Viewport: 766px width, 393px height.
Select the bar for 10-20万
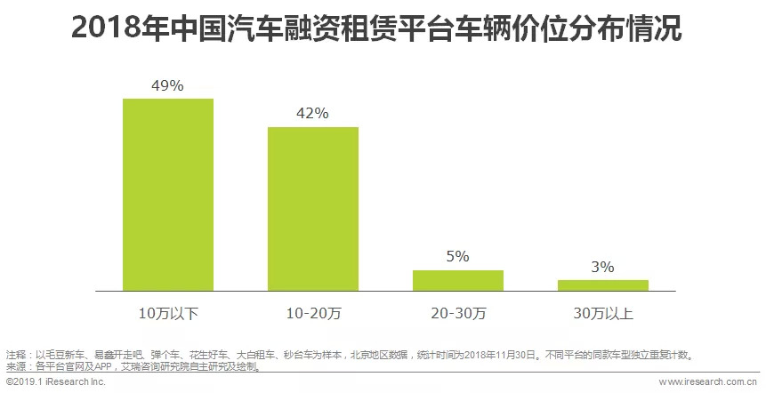click(x=313, y=208)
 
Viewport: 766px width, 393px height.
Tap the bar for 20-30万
click(x=458, y=280)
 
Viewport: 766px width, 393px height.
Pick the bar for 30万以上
click(x=602, y=285)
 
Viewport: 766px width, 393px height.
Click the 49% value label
click(x=168, y=85)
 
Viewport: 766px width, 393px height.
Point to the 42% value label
click(x=313, y=114)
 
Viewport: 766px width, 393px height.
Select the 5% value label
click(x=458, y=257)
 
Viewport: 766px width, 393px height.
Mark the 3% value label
click(x=602, y=267)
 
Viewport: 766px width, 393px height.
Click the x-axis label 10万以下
click(x=168, y=313)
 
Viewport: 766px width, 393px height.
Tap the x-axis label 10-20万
click(x=313, y=313)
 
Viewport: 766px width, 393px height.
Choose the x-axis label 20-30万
click(x=458, y=313)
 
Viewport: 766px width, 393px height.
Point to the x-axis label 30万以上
click(x=602, y=313)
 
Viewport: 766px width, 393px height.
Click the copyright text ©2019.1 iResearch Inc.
click(x=55, y=381)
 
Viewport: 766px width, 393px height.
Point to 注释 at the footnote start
click(x=16, y=354)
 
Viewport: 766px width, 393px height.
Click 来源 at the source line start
click(x=16, y=365)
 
